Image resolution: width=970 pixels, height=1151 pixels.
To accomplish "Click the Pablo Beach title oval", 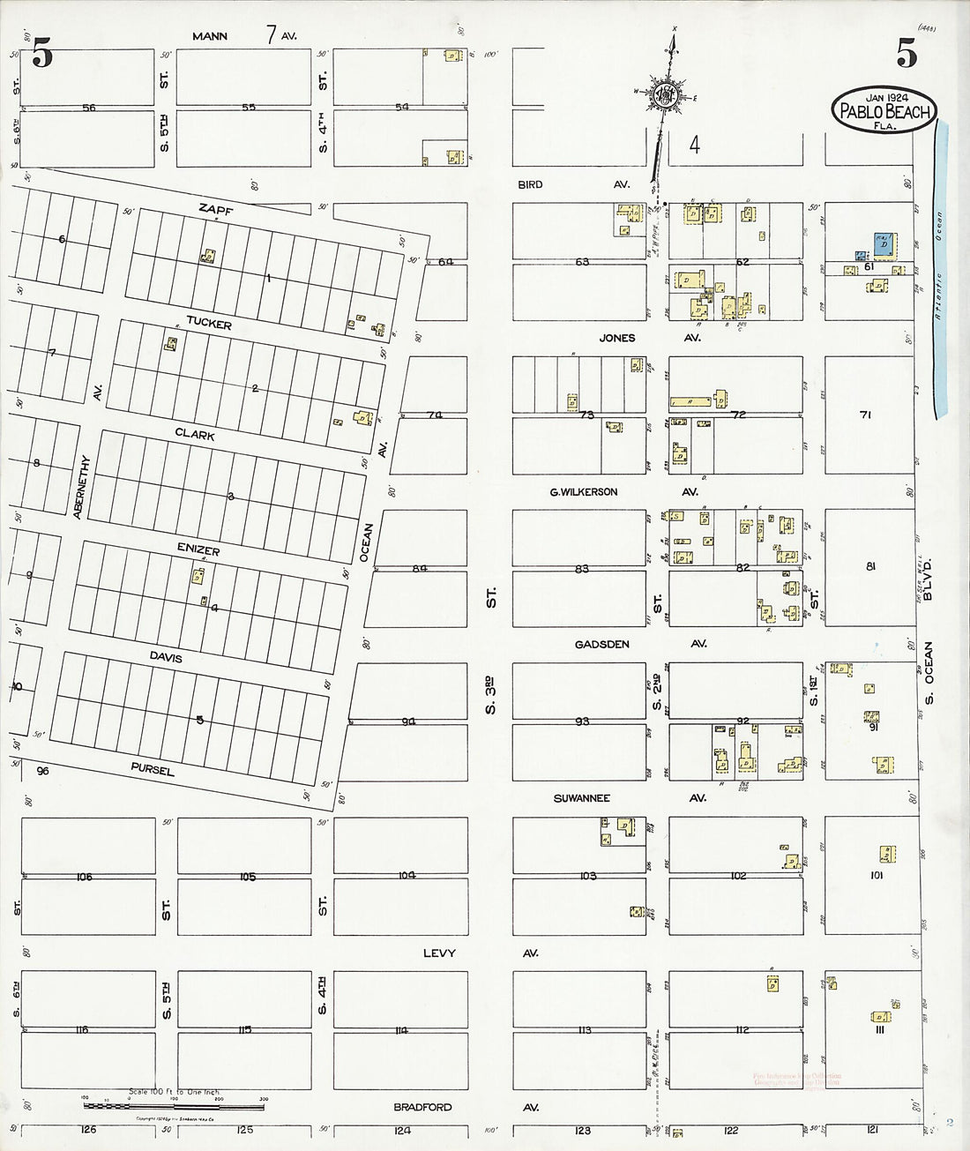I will click(884, 109).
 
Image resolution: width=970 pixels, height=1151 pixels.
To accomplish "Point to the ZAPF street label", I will click(214, 209).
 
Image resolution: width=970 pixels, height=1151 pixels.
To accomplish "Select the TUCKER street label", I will click(209, 323).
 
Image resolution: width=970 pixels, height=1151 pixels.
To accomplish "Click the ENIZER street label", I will click(197, 549).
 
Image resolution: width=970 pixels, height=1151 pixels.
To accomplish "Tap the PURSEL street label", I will click(153, 769).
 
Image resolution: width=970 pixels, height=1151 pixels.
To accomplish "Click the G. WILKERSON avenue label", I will click(584, 491).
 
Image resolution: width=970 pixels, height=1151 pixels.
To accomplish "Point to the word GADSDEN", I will click(601, 644).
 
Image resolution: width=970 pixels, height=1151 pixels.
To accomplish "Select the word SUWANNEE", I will click(581, 798).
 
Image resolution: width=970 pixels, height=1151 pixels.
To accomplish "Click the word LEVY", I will click(439, 953).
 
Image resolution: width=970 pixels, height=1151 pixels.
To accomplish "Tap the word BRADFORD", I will click(422, 1107).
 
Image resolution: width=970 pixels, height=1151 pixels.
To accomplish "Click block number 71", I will click(865, 414).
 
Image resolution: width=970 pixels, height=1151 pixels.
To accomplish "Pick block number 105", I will click(247, 877).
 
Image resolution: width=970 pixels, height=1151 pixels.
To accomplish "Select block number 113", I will click(584, 1030).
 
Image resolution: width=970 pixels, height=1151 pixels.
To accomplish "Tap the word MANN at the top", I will click(210, 36).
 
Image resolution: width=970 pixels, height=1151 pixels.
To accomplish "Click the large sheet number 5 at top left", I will click(41, 55).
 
